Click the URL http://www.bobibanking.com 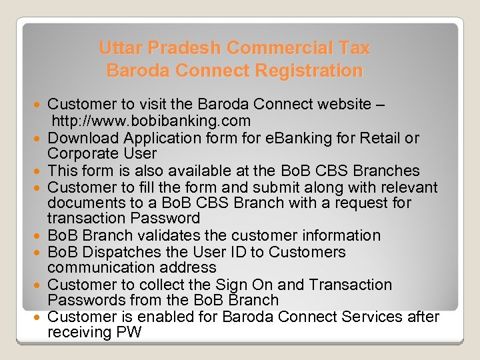[151, 121]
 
